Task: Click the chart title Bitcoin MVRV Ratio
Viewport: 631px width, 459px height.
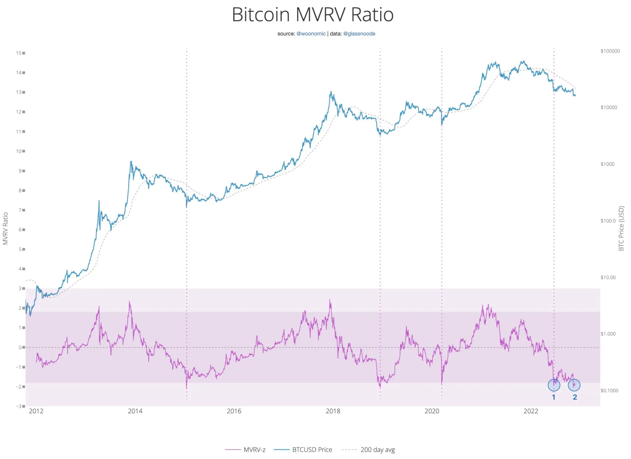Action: (x=312, y=15)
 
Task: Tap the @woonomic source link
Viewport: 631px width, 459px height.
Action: (x=311, y=34)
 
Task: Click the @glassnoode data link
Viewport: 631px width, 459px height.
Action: (x=359, y=34)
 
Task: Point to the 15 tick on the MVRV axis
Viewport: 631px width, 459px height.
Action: (x=19, y=53)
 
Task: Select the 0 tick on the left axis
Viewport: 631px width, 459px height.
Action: (x=20, y=347)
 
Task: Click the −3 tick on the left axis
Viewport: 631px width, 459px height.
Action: (x=19, y=406)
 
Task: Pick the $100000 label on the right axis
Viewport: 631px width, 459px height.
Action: (x=610, y=51)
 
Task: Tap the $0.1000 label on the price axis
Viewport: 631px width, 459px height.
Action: (x=609, y=390)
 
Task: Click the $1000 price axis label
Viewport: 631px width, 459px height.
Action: (x=607, y=164)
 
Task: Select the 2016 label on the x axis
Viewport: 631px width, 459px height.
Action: (x=234, y=411)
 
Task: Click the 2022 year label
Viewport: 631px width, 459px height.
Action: (x=531, y=411)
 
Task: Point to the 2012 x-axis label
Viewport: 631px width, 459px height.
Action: (x=36, y=411)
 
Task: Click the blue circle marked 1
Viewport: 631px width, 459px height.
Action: (x=554, y=385)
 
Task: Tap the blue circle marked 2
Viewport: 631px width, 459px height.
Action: (x=574, y=385)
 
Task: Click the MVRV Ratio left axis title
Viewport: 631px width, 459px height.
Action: (x=5, y=228)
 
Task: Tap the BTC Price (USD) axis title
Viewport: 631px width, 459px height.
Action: (x=621, y=228)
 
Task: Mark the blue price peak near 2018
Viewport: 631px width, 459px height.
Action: (x=331, y=92)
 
